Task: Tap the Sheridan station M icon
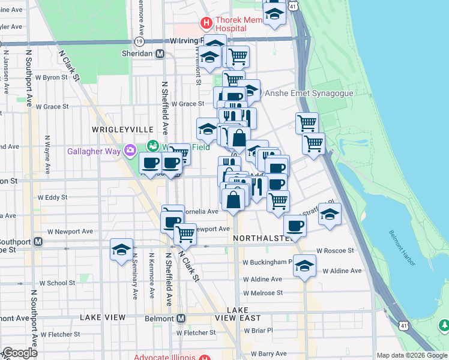[160, 53]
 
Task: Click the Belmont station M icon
[181, 318]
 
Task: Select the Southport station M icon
[38, 241]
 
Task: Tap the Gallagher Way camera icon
[129, 150]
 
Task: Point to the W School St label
[58, 283]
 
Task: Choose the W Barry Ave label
[269, 354]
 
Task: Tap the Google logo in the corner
[20, 353]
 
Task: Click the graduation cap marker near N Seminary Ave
[121, 250]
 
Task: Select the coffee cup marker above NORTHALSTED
[295, 226]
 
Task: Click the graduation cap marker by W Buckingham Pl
[305, 265]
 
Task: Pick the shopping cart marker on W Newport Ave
[185, 233]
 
